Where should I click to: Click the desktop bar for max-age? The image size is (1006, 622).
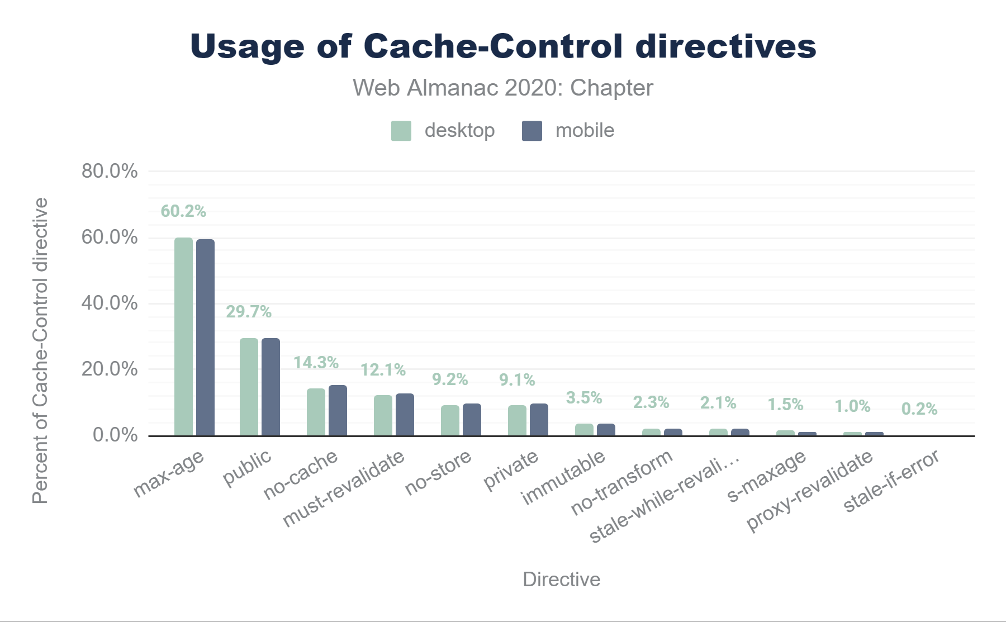pyautogui.click(x=183, y=336)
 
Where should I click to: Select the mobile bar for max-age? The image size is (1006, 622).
pyautogui.click(x=205, y=338)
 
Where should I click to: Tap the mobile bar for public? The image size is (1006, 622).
pyautogui.click(x=271, y=387)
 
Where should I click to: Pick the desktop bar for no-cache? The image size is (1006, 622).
pyautogui.click(x=316, y=412)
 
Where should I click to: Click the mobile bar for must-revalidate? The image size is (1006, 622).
pyautogui.click(x=405, y=415)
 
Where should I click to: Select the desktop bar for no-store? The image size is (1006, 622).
pyautogui.click(x=450, y=420)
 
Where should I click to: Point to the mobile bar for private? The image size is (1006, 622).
pyautogui.click(x=539, y=420)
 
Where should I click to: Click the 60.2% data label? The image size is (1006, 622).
pyautogui.click(x=183, y=211)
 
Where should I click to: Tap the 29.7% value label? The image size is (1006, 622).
pyautogui.click(x=249, y=312)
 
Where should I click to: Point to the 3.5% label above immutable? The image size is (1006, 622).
pyautogui.click(x=584, y=398)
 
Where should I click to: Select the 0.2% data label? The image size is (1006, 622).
pyautogui.click(x=919, y=409)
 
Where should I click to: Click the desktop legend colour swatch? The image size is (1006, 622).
pyautogui.click(x=401, y=131)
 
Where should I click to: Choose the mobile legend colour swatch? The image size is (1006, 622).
pyautogui.click(x=532, y=131)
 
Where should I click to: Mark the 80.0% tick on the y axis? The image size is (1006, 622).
pyautogui.click(x=110, y=171)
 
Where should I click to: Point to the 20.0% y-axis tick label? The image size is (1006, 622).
pyautogui.click(x=110, y=369)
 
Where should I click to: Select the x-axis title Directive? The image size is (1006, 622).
pyautogui.click(x=561, y=580)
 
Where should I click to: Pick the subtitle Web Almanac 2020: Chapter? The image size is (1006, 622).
pyautogui.click(x=503, y=88)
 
